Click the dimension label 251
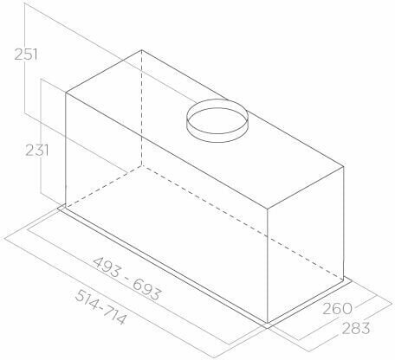click(26, 55)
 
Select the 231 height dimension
click(37, 151)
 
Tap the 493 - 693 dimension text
click(126, 279)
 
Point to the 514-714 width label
click(100, 307)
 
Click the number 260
click(337, 309)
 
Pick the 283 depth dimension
click(356, 328)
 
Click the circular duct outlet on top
click(217, 121)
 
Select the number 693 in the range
click(146, 290)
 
